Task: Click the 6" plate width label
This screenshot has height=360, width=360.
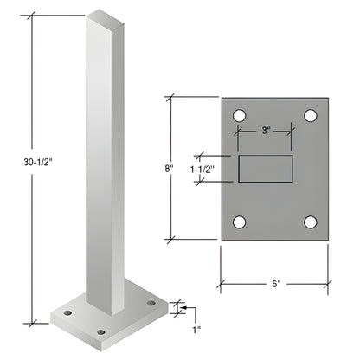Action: coord(274,283)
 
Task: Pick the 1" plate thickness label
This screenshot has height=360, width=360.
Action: coord(196,329)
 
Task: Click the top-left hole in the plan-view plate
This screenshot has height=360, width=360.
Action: coord(240,115)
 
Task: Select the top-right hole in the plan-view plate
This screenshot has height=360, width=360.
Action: coord(310,115)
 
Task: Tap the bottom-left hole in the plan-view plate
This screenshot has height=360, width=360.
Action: coord(240,222)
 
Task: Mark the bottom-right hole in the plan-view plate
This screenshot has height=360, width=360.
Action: coord(310,222)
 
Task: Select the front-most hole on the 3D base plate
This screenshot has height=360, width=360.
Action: coord(102,331)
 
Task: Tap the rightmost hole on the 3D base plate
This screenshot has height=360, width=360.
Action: coord(151,302)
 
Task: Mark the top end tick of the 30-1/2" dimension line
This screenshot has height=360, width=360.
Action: coord(33,16)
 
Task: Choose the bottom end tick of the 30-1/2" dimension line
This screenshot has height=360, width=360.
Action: coord(33,318)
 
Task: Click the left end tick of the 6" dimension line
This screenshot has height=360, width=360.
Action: coord(221,283)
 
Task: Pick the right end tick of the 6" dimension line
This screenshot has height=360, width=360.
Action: coord(330,283)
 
